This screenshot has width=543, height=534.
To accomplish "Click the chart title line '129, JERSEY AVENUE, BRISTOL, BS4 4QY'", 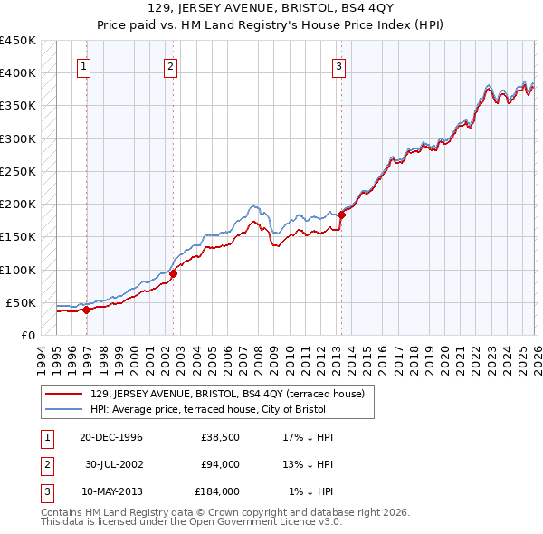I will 271,8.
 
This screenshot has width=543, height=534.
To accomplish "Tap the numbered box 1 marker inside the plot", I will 83,65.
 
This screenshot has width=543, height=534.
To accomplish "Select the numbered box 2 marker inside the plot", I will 170,65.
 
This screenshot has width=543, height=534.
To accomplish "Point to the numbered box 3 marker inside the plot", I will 338,65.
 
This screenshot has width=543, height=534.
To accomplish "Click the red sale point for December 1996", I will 87,310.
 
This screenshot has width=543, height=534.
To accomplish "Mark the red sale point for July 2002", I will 173,273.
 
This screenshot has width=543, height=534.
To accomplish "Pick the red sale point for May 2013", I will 341,215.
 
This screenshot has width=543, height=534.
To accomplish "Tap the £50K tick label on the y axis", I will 21,302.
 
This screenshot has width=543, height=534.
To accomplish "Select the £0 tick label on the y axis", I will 28,336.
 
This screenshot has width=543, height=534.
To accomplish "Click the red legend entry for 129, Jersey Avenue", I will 226,394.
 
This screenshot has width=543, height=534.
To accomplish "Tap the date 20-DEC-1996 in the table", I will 110,437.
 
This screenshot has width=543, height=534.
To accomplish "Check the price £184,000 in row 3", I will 217,491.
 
